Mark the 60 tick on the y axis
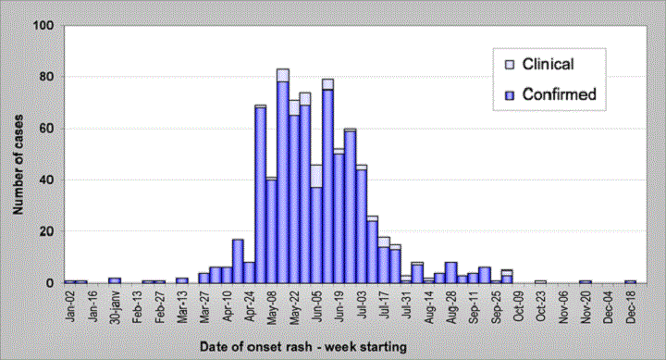[x=44, y=129]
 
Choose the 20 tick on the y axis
[x=44, y=231]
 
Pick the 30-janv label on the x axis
[x=113, y=308]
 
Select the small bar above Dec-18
[x=631, y=281]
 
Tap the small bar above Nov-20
[x=586, y=281]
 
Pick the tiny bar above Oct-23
[x=540, y=281]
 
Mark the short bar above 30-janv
[x=114, y=279]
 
